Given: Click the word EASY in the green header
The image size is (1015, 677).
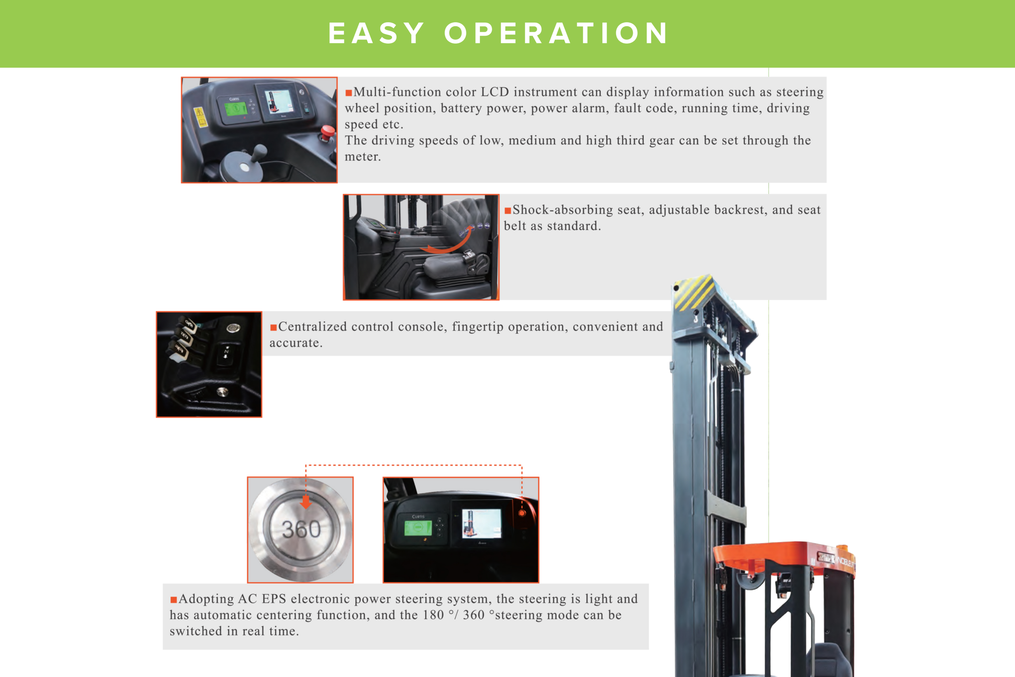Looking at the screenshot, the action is point(376,33).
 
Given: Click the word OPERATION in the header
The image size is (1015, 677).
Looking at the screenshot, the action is point(556,33).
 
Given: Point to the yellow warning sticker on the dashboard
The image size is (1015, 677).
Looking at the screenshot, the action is point(200,117).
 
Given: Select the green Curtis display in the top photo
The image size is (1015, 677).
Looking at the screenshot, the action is point(236,108).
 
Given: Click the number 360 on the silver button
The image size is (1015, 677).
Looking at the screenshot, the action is point(301,529).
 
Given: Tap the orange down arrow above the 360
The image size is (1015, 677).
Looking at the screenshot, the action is point(306,502).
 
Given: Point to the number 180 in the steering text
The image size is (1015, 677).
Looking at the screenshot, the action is point(433,615).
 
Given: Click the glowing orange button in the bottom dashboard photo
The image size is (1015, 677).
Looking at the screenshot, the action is point(522,513).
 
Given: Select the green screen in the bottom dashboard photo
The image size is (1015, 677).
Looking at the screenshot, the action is point(418,528).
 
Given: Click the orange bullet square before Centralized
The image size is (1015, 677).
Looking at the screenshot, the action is point(273,328).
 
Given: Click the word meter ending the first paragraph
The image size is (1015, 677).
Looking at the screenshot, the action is point(362,157).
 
